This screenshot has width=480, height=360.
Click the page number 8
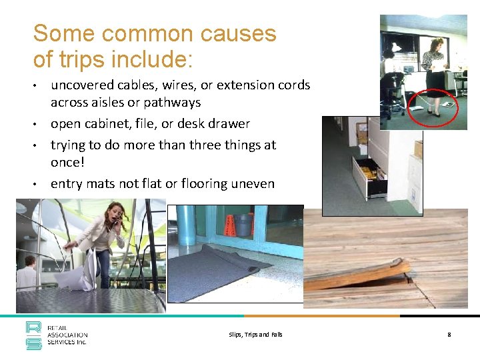pos(449,335)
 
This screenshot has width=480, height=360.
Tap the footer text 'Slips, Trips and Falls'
pos(255,335)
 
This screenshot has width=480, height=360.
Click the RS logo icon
pos(33,335)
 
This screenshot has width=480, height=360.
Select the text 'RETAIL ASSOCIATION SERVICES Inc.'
pos(67,336)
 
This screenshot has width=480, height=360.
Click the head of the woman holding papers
pos(437,46)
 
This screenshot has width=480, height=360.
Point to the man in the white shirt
pos(28,274)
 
